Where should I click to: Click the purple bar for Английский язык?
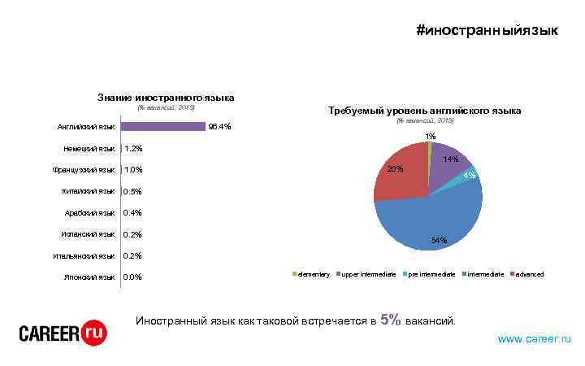click(162, 127)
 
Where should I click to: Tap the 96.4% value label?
click(220, 127)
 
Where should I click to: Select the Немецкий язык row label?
click(89, 149)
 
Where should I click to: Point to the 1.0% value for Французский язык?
click(133, 170)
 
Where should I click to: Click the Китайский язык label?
click(89, 192)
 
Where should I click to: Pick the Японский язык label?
click(89, 277)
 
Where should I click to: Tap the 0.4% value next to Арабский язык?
click(132, 213)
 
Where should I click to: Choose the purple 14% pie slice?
click(447, 163)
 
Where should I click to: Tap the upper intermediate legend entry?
click(367, 274)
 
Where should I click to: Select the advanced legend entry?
click(529, 274)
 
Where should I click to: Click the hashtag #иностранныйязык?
click(487, 31)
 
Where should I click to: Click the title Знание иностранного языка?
click(166, 97)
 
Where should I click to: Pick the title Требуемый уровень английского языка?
click(423, 111)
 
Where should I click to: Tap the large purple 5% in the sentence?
click(390, 320)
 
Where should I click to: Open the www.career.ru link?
click(534, 338)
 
